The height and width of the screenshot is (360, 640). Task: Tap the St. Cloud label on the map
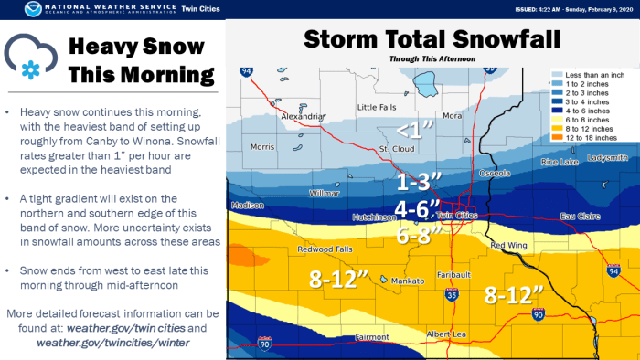(x=398, y=147)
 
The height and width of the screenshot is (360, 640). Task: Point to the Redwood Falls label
(x=319, y=248)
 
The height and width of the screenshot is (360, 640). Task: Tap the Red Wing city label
(x=508, y=245)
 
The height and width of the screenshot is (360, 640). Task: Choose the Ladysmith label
(x=609, y=157)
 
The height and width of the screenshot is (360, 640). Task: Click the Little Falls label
(x=377, y=107)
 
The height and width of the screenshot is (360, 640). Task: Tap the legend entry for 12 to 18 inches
(x=592, y=137)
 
